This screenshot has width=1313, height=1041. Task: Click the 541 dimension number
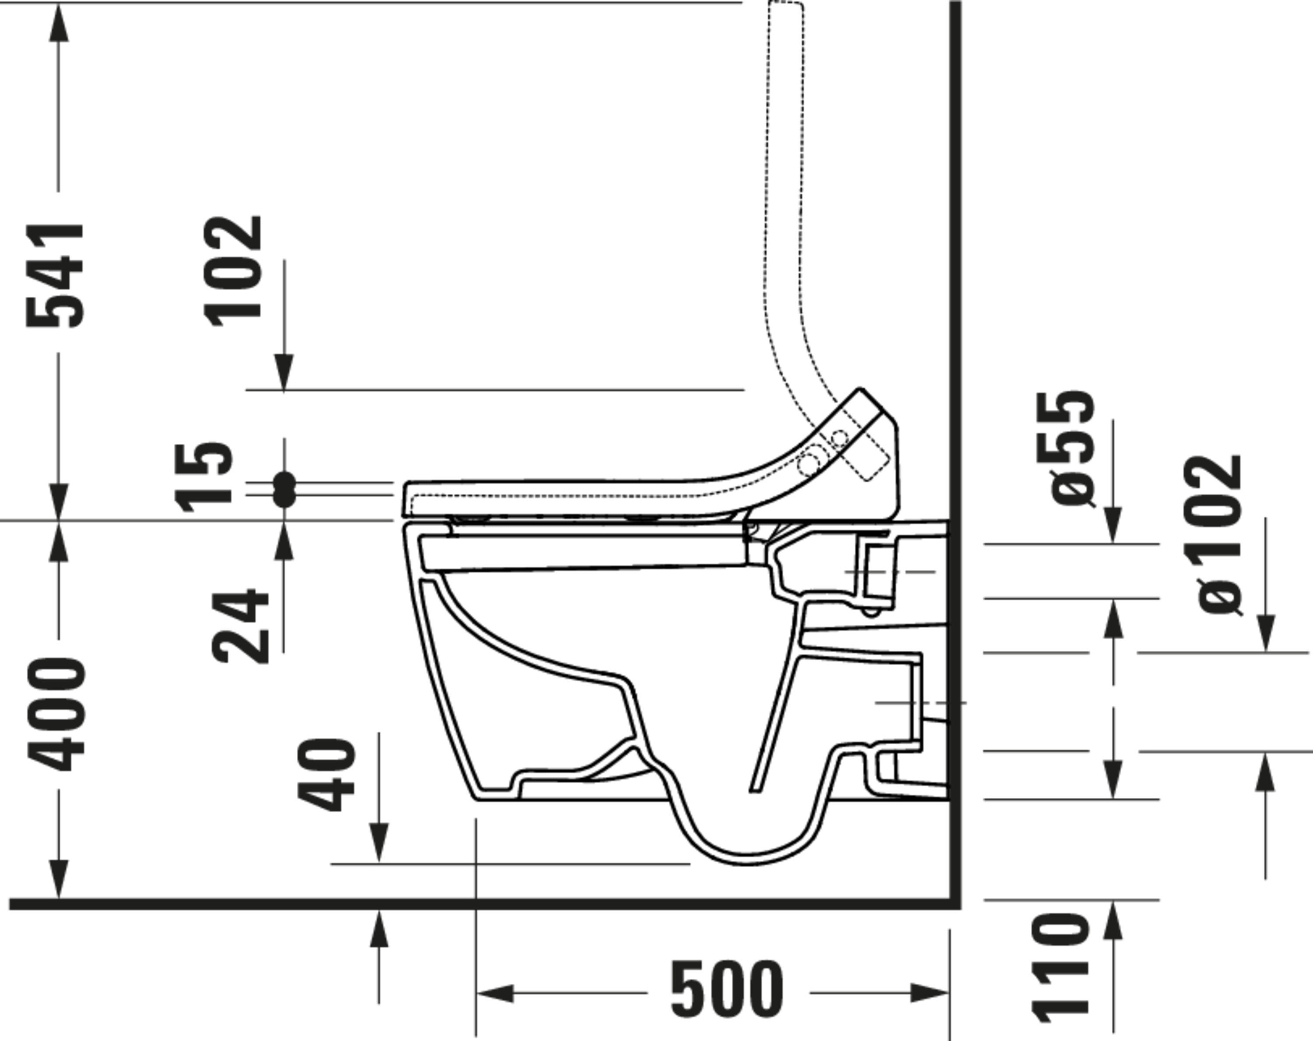click(55, 275)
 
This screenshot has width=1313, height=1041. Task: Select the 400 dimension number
click(56, 714)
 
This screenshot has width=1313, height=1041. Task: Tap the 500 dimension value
click(727, 989)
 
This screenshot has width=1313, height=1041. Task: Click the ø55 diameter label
click(1071, 449)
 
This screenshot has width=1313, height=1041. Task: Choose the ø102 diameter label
click(1218, 534)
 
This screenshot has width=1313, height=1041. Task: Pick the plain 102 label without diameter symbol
click(233, 271)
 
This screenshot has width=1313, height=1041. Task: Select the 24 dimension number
click(241, 625)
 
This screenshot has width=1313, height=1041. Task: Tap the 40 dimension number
click(326, 775)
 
